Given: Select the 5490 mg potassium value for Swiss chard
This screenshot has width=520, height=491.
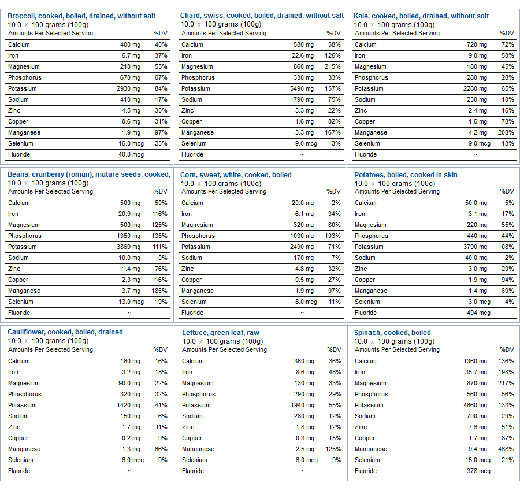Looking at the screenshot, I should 302,88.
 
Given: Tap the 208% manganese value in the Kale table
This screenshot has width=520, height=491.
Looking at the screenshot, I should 506,132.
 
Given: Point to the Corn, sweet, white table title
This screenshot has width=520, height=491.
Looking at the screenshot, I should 236,174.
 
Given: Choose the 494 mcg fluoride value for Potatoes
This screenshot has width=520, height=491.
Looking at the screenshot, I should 478,313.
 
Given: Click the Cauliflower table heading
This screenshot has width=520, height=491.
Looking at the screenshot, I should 65,332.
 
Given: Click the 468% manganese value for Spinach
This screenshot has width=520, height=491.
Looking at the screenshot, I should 506,449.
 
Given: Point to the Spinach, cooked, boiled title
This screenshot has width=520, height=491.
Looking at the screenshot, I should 392,333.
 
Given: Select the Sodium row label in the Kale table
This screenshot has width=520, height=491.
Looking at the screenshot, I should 365,99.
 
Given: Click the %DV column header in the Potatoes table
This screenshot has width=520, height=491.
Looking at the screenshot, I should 507,191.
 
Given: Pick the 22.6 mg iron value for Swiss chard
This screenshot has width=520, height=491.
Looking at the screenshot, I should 302,55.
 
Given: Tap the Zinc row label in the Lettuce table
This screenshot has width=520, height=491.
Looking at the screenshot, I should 188,427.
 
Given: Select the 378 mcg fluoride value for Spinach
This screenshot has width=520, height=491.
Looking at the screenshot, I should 478,471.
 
